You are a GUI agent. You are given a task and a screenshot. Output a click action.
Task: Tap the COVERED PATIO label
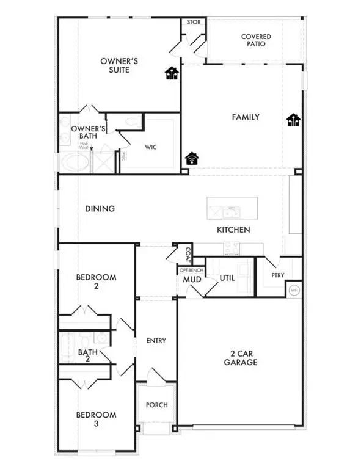(x=255, y=41)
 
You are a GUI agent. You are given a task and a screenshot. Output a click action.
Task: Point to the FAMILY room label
(x=246, y=117)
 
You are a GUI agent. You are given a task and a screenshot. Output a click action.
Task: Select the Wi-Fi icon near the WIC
(x=192, y=159)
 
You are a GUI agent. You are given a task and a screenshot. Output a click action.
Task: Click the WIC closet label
(x=151, y=147)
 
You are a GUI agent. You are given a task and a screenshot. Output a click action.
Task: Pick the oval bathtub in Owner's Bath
(x=74, y=162)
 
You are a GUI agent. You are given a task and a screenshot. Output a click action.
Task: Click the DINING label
(x=100, y=209)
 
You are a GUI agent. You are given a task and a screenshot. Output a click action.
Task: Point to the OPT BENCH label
(x=190, y=270)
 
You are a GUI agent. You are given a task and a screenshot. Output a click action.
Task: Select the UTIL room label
(x=227, y=278)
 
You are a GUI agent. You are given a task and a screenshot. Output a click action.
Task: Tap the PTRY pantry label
(x=278, y=275)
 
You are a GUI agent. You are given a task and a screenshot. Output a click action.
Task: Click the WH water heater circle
(x=294, y=289)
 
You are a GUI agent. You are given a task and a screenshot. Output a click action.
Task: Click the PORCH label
(x=156, y=405)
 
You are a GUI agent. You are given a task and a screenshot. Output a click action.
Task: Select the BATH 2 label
(x=87, y=356)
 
